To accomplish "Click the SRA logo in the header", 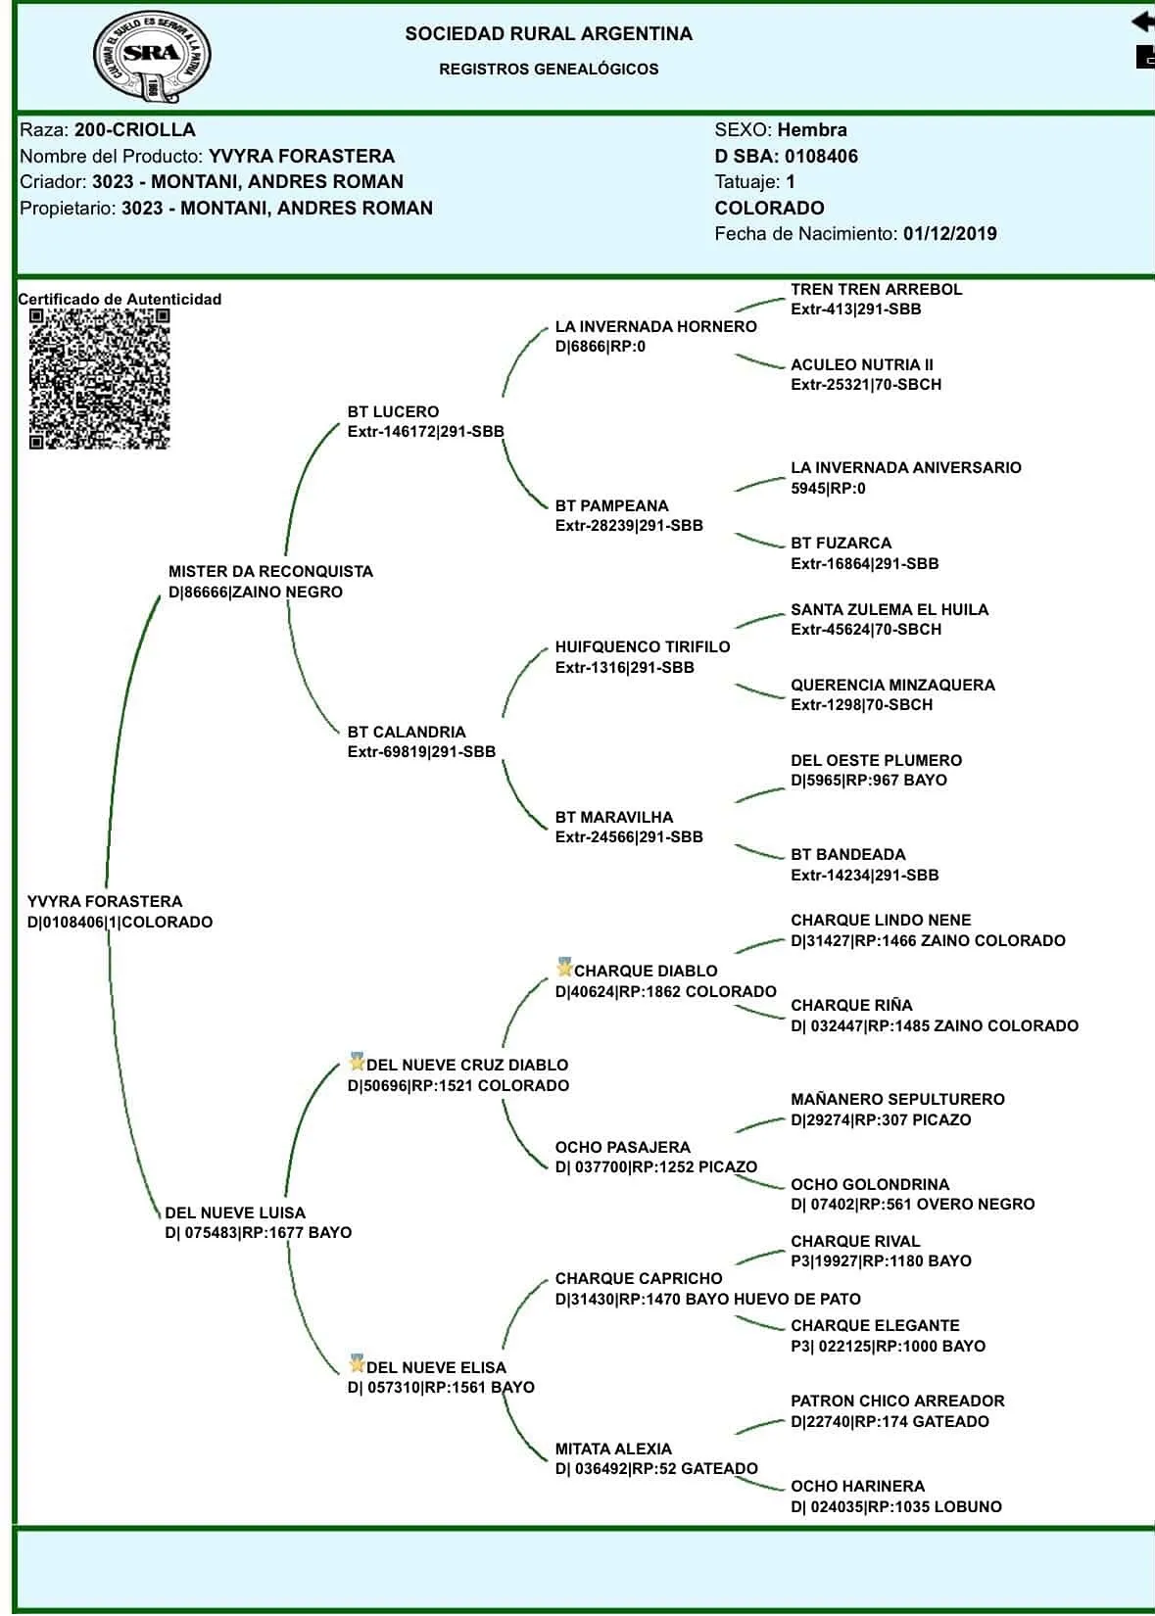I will [x=152, y=56].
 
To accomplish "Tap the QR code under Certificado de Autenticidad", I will [x=99, y=379].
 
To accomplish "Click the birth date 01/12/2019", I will [x=949, y=234].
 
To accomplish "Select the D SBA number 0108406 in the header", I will [x=821, y=156].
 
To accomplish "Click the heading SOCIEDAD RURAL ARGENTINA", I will [x=549, y=34].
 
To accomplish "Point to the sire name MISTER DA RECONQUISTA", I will [x=270, y=571].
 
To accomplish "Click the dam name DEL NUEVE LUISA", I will [x=235, y=1212].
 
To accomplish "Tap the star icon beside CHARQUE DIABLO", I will [x=564, y=969].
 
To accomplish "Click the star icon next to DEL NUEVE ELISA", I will [x=357, y=1364].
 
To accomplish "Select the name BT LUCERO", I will [x=393, y=411].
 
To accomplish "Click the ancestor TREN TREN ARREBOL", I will [x=876, y=289].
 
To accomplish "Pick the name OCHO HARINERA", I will [x=857, y=1486].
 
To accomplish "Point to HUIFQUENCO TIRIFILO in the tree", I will [x=642, y=646].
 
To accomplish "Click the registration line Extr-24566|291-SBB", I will [x=628, y=837].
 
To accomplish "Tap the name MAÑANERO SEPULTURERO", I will [x=897, y=1099].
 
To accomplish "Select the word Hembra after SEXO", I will [x=811, y=129].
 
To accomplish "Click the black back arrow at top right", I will [x=1142, y=21].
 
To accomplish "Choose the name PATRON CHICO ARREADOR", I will [x=897, y=1401].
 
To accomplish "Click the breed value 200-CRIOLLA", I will [x=134, y=129].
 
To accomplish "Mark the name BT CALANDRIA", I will [x=406, y=732].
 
